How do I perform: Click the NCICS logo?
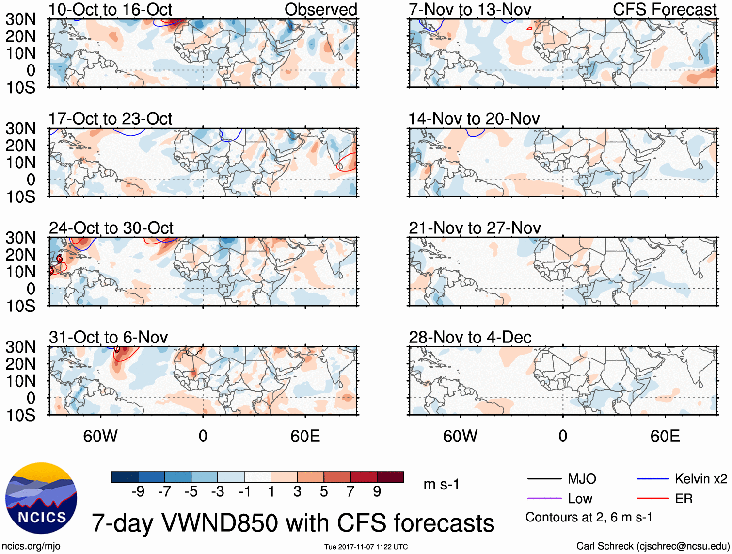pos(41,498)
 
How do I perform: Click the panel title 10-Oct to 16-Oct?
pos(111,10)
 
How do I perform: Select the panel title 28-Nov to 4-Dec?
pos(470,337)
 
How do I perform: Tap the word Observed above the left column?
pos(320,10)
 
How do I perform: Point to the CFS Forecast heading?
pos(664,10)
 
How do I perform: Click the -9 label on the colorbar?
pos(138,492)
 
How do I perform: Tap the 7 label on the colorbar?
pos(350,492)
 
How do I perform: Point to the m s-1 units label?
pos(441,484)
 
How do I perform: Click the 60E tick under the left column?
pos(305,436)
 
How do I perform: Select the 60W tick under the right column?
pos(460,436)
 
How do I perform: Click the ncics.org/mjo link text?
pos(31,546)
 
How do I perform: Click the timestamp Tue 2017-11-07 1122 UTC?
pos(366,547)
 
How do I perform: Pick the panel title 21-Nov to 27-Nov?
pos(475,228)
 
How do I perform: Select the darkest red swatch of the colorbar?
pos(390,477)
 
